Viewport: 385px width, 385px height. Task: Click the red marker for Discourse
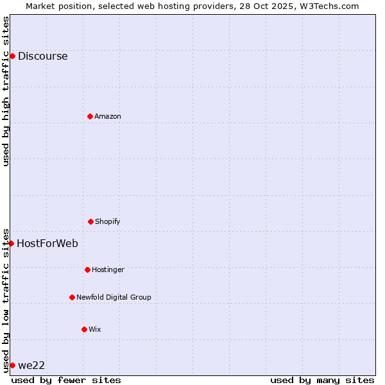click(12, 56)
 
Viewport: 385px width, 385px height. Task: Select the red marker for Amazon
click(90, 116)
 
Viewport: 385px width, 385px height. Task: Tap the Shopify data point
click(90, 221)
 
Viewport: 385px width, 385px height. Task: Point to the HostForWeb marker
click(11, 243)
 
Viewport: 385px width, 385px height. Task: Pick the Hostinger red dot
click(87, 269)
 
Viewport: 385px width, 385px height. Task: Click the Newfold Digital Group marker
click(72, 297)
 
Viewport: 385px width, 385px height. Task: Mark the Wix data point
click(84, 329)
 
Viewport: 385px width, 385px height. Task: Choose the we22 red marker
click(12, 365)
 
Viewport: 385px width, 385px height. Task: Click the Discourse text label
click(42, 56)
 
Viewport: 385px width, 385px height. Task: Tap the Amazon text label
click(108, 116)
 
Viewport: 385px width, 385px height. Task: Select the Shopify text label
click(108, 221)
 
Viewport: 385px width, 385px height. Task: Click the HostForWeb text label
click(47, 243)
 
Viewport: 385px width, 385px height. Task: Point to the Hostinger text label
click(108, 269)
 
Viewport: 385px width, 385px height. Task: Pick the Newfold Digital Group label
click(114, 297)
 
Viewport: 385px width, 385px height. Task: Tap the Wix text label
click(95, 329)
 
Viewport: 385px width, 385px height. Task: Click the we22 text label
click(31, 365)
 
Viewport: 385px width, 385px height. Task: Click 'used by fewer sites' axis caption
click(66, 380)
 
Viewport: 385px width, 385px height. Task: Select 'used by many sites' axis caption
click(322, 380)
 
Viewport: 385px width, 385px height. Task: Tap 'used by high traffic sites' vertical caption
click(6, 91)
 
